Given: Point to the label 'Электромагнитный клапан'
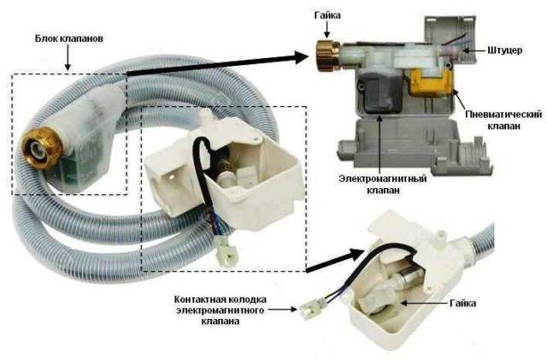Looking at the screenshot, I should (x=369, y=182).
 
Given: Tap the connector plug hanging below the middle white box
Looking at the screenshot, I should (x=226, y=254).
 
